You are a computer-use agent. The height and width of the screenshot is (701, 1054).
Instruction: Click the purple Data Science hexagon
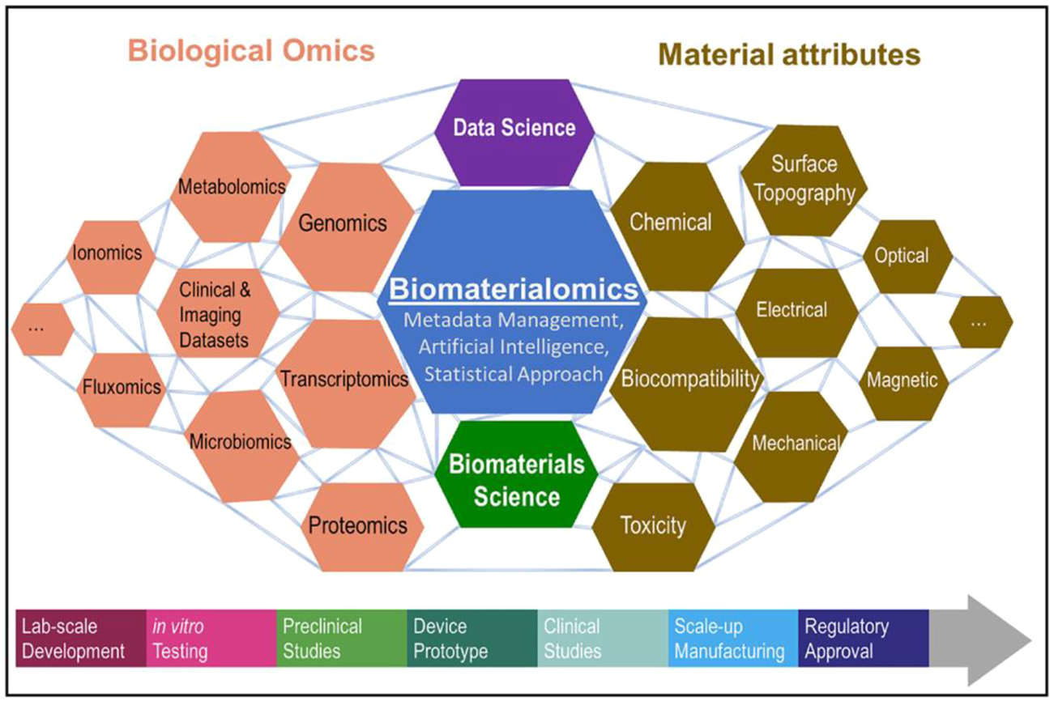click(x=514, y=128)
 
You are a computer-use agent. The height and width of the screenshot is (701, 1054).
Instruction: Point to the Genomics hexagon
click(x=344, y=223)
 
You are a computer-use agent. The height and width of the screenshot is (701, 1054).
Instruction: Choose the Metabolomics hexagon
click(x=232, y=187)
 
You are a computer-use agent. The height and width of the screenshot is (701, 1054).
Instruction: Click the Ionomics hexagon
click(x=107, y=253)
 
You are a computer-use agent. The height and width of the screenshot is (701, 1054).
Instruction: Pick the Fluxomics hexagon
click(x=122, y=388)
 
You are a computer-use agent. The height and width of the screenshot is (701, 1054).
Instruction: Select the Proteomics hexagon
click(x=357, y=525)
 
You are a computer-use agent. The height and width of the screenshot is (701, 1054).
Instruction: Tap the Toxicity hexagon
click(x=653, y=526)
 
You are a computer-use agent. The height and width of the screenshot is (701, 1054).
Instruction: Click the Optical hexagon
click(x=901, y=256)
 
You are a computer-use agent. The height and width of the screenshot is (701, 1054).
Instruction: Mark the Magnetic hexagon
click(x=902, y=380)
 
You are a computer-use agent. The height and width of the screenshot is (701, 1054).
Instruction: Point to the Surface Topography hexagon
click(x=803, y=179)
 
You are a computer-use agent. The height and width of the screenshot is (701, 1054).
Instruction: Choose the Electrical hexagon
click(x=792, y=309)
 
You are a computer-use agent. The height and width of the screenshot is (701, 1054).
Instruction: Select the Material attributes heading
click(x=790, y=54)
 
